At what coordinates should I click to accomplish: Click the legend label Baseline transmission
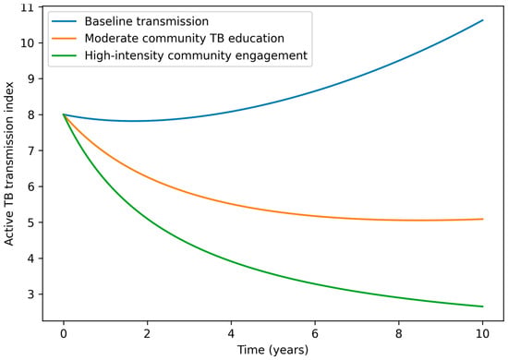147,21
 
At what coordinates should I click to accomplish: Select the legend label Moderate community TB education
185,38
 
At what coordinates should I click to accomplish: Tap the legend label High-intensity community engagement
196,55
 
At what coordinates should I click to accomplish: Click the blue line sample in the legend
64,21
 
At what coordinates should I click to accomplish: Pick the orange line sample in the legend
64,38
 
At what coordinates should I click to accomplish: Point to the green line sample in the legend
64,55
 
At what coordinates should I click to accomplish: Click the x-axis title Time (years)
272,350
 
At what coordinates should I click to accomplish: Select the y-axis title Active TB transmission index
9,163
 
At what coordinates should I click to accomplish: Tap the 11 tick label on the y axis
27,7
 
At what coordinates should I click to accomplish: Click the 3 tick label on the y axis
30,294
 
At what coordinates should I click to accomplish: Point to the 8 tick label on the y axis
30,115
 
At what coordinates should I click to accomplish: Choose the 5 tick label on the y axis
30,222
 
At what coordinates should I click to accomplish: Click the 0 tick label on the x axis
64,333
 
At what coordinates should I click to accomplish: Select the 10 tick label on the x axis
483,333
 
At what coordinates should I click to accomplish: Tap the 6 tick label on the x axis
315,333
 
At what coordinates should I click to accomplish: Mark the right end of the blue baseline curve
483,20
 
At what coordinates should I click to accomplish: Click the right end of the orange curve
483,219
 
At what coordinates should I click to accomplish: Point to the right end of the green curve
483,306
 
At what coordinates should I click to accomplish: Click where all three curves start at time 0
64,114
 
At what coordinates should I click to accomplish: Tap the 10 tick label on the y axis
27,43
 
